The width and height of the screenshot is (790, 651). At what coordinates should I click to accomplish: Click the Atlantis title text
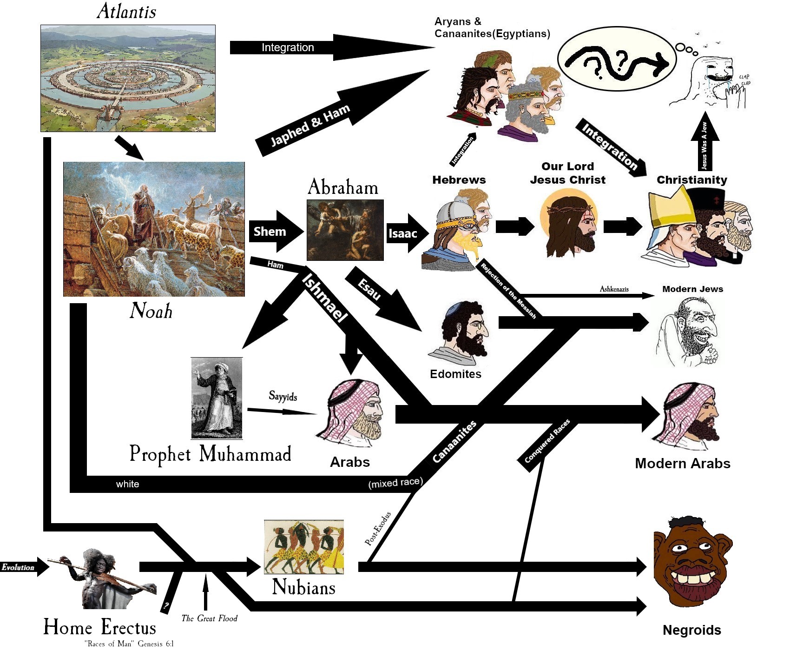tap(126, 12)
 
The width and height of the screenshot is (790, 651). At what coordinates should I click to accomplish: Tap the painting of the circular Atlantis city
tap(128, 78)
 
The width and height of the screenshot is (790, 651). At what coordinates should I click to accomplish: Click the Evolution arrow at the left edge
tap(23, 567)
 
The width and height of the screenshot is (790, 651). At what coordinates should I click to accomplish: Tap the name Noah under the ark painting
tap(151, 311)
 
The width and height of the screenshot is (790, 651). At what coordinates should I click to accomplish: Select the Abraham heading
tap(343, 187)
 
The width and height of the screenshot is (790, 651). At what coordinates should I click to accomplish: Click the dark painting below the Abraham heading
tap(345, 230)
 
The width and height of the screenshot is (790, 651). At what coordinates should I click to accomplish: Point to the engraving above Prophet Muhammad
tap(217, 398)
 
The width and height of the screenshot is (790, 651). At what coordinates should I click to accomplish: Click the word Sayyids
tap(283, 396)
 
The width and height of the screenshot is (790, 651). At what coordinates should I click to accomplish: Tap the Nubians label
tap(303, 587)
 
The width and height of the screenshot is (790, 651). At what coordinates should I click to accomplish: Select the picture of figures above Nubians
tap(304, 547)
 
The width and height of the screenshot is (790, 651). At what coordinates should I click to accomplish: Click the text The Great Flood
tap(209, 618)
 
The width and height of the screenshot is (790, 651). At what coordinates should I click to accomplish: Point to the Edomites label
tap(455, 374)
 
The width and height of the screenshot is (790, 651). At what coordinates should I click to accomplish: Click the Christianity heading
tap(691, 180)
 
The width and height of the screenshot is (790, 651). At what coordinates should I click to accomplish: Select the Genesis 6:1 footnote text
tap(129, 644)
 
